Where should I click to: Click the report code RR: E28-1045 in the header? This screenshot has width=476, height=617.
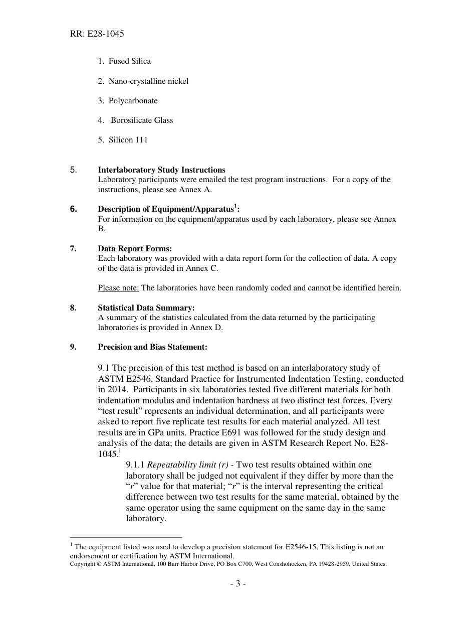click(97, 34)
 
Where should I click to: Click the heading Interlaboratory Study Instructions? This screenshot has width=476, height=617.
click(161, 170)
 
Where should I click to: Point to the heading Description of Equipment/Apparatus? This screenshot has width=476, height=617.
click(166, 209)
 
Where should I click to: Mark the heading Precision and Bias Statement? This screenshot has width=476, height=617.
click(152, 347)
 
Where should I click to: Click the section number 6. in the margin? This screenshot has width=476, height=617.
click(74, 209)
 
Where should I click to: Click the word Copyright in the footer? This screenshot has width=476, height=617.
click(83, 564)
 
